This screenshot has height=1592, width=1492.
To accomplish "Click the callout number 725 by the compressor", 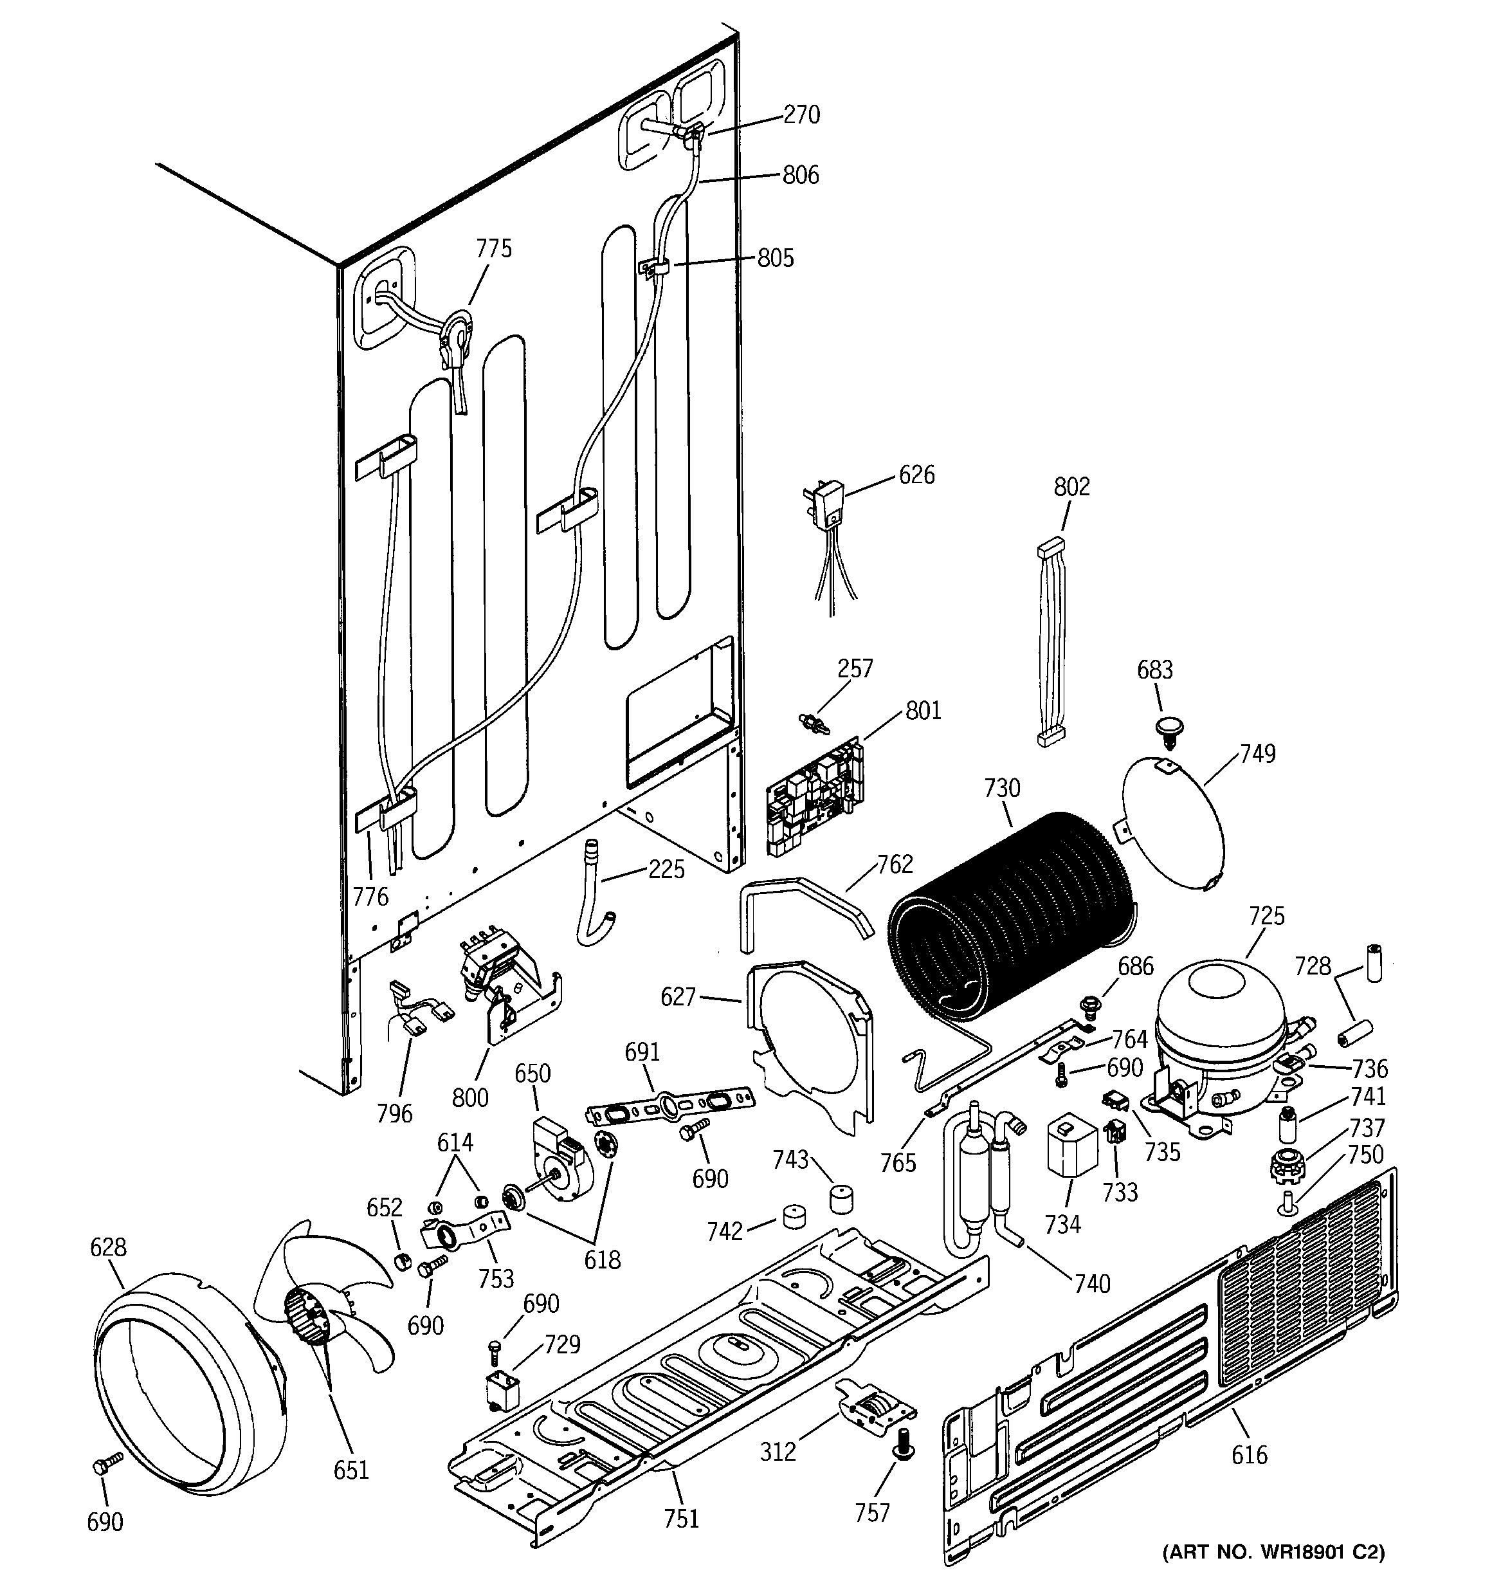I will [x=1266, y=915].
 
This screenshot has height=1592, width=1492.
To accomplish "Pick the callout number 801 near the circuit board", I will [x=923, y=710].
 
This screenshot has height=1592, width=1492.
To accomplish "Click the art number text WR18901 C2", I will [x=1273, y=1552].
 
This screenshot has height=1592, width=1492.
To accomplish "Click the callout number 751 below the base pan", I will [x=681, y=1518].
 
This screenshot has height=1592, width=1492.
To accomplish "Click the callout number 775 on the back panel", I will [x=493, y=248].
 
